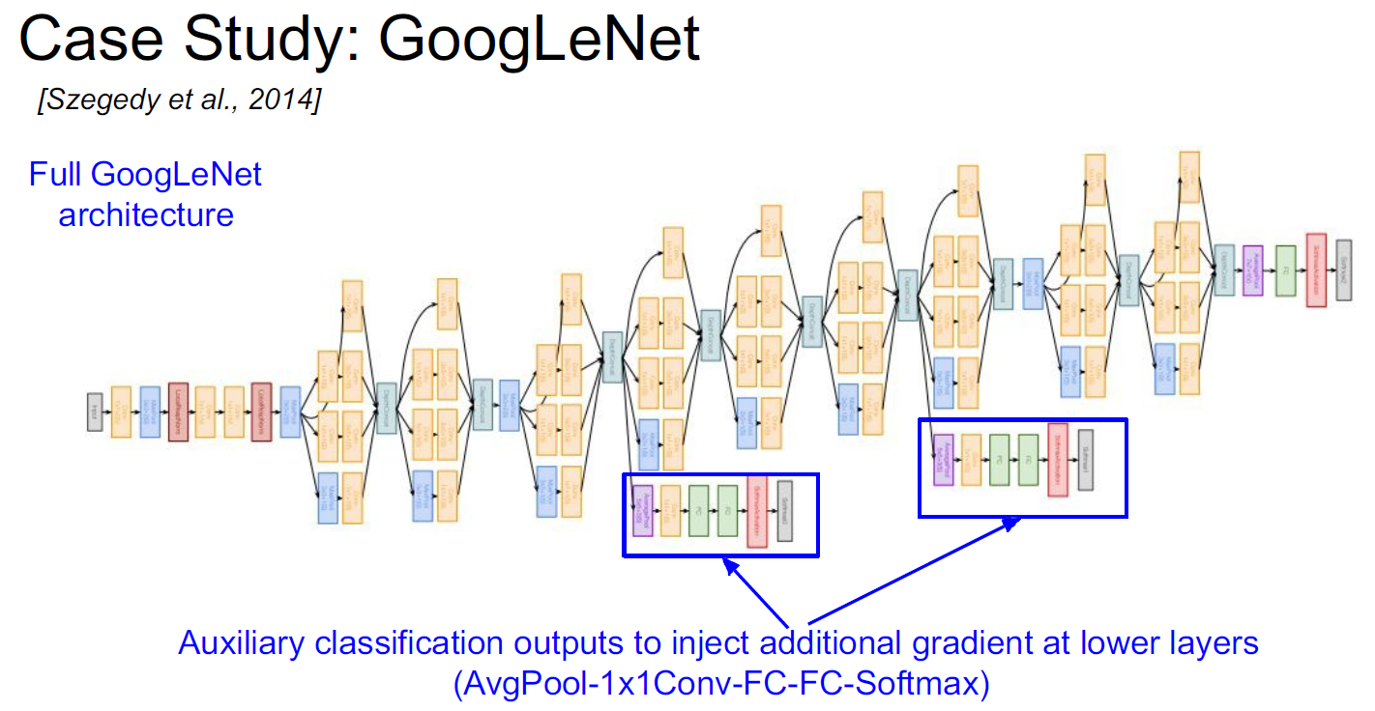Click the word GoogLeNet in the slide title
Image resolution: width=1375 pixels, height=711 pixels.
coord(540,41)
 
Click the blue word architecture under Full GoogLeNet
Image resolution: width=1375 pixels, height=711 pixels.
coord(146,213)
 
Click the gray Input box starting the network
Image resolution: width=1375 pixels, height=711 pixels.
coord(95,412)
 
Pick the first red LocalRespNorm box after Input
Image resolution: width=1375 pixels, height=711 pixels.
coord(178,412)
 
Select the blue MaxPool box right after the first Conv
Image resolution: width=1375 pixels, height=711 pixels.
coord(150,412)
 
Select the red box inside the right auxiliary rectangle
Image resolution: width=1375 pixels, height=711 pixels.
coord(1058,460)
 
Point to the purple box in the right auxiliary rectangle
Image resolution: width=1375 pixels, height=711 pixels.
coord(943,460)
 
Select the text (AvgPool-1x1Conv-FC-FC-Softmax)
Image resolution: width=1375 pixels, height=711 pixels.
coord(721,684)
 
